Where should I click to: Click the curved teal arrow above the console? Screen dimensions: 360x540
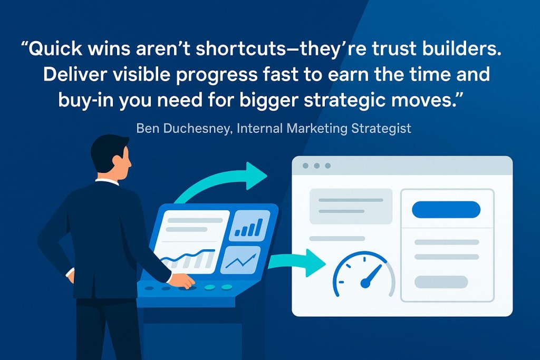(x=221, y=182)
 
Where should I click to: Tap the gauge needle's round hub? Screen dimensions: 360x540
(x=365, y=284)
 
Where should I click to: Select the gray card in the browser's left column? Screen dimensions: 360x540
(x=351, y=206)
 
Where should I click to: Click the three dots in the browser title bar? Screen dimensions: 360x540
(x=316, y=166)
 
